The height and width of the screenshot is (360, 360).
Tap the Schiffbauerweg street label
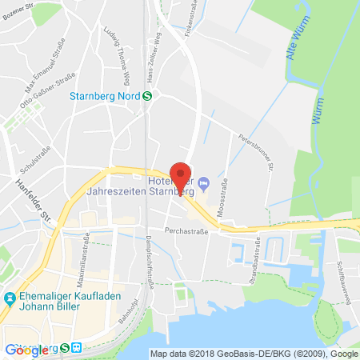pos(338,260)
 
